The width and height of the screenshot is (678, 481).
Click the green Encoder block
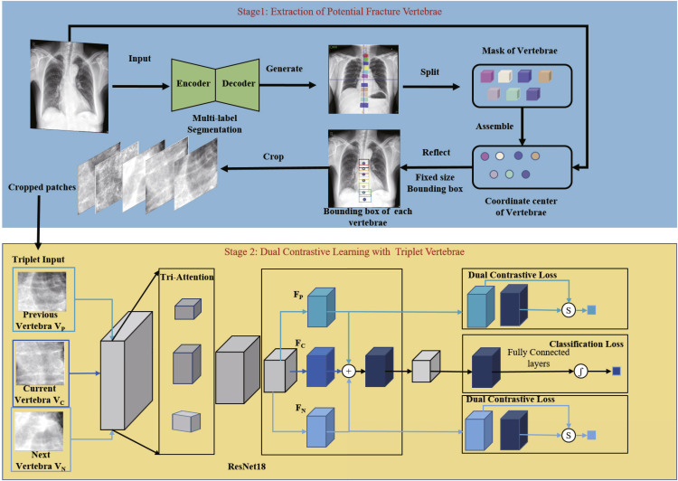193,84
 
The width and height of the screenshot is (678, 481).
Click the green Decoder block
238,84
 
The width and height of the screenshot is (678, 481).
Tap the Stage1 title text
339,11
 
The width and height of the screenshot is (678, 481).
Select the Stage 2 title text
344,251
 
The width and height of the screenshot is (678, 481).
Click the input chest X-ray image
70,86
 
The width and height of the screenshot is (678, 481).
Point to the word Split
429,71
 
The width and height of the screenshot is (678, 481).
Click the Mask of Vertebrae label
519,51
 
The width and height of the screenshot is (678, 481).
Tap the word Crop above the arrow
273,156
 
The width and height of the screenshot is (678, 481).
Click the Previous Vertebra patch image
42,290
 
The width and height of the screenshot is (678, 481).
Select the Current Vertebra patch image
40,363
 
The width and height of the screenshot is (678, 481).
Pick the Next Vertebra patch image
39,431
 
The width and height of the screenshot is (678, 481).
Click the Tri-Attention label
187,277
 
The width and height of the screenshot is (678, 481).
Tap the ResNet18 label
247,467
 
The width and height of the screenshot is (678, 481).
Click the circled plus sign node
349,371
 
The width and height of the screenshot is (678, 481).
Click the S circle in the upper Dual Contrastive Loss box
569,310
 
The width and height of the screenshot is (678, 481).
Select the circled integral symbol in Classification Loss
580,371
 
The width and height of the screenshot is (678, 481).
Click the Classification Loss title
587,344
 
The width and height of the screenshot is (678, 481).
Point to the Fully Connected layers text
539,358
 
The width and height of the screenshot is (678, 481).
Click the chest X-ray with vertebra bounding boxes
364,168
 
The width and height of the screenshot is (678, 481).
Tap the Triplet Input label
38,259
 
